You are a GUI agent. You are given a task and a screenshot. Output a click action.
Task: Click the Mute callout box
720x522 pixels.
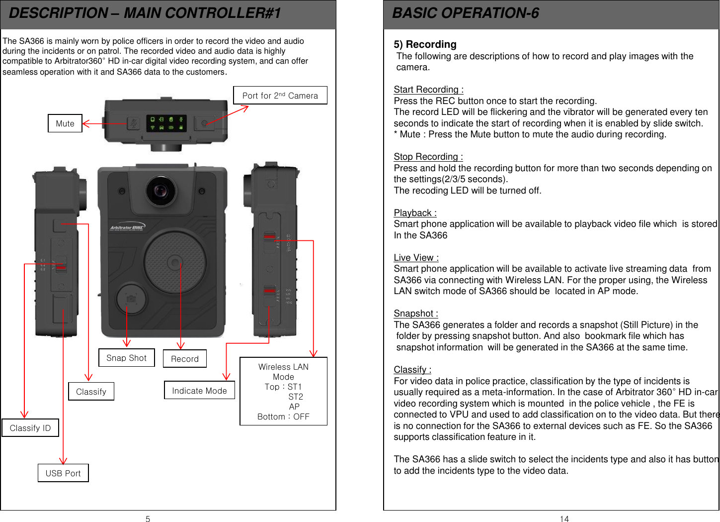(x=65, y=123)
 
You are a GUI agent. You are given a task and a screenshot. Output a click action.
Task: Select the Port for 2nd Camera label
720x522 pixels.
(x=280, y=96)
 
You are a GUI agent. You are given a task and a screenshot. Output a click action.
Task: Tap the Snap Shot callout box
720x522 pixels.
(x=127, y=358)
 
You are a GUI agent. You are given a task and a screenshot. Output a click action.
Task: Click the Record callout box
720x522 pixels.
(x=185, y=359)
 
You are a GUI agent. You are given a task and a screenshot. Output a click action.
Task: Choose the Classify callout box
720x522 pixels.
(x=91, y=392)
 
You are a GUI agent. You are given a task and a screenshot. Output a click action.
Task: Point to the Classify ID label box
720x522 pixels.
(x=30, y=428)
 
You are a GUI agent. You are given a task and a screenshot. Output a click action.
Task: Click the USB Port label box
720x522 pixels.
(x=63, y=473)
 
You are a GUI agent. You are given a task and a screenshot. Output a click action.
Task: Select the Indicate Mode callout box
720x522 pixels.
(x=199, y=391)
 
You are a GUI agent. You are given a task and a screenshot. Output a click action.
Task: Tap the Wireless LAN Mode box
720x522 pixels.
(x=283, y=392)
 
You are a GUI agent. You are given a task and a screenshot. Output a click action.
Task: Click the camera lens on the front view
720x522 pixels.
(x=160, y=191)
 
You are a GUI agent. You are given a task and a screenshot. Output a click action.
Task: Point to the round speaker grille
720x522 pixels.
(x=175, y=262)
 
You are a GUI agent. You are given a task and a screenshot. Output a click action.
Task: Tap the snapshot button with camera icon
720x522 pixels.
(x=131, y=299)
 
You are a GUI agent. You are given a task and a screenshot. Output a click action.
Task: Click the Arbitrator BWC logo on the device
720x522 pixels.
(x=127, y=228)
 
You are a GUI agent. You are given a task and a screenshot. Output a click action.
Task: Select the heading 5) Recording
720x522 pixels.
(x=425, y=44)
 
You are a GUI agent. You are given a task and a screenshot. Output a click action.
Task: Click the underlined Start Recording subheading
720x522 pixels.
(x=428, y=90)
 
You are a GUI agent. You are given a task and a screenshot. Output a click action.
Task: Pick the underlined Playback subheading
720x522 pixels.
(x=415, y=213)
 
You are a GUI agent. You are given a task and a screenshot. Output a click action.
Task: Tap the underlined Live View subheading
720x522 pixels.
(x=416, y=258)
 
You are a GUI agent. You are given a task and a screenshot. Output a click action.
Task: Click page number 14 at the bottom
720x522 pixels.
(x=564, y=519)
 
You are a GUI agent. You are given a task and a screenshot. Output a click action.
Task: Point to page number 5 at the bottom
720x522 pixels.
(x=148, y=519)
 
